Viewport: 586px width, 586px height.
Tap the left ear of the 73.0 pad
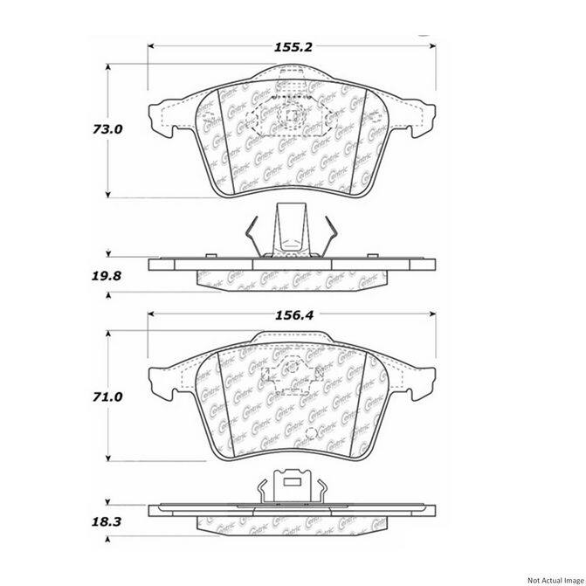tap(161, 117)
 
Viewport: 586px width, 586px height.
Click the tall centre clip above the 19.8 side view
tap(288, 229)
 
